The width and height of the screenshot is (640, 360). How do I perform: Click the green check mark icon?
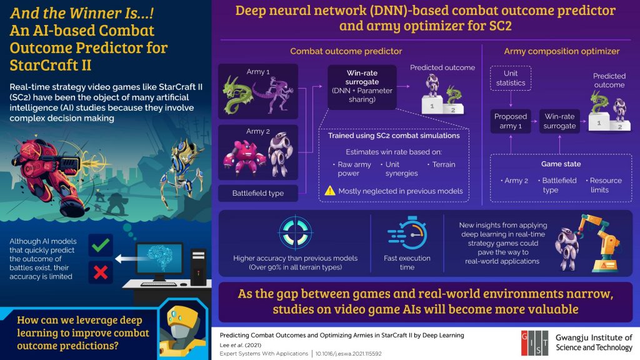(101, 245)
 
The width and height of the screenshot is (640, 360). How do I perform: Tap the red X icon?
(101, 272)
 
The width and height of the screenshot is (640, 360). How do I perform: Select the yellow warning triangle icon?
(330, 191)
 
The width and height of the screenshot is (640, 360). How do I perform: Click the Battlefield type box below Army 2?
(258, 193)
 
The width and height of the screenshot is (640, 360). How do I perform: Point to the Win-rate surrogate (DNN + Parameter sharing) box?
(362, 87)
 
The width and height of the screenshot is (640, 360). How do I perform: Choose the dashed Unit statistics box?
(511, 78)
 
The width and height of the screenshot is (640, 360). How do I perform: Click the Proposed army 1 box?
(511, 121)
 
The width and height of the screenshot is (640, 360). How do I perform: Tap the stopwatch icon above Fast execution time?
(407, 233)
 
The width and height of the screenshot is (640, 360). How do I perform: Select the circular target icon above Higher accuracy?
(296, 233)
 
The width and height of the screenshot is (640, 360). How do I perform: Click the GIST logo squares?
(535, 343)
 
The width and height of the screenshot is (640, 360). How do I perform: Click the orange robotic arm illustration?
(599, 243)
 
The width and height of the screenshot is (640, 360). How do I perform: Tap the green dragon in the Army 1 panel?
(237, 94)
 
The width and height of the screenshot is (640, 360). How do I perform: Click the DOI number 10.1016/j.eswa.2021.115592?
(348, 354)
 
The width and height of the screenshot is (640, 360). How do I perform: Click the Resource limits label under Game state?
(605, 185)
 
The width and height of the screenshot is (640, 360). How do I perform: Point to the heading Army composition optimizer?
(562, 51)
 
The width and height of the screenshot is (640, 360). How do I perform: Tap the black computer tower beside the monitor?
(198, 266)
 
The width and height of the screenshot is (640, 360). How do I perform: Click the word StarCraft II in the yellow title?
(51, 65)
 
